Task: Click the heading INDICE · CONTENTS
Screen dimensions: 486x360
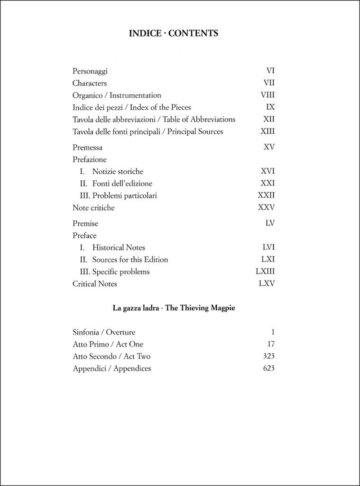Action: [x=174, y=33]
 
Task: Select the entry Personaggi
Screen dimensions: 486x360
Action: [x=90, y=71]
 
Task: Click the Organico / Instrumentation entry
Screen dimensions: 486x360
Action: [x=117, y=95]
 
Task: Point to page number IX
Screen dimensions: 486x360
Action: [x=270, y=107]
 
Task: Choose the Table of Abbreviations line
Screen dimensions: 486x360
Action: [x=154, y=120]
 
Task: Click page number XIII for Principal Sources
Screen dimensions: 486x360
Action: [x=268, y=131]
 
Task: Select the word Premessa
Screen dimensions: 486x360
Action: [x=87, y=148]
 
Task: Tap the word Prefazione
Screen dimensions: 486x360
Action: [x=90, y=159]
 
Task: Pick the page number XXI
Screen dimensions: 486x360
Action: [x=268, y=183]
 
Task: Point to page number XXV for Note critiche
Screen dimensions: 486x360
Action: [x=266, y=207]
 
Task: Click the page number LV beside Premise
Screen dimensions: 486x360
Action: [x=270, y=223]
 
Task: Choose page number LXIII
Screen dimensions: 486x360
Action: [x=265, y=271]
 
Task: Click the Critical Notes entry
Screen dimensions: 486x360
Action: [x=95, y=284]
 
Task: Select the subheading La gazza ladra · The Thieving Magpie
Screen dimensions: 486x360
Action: [x=174, y=308]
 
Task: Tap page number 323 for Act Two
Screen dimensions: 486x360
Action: [x=268, y=356]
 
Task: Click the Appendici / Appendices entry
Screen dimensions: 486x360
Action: [x=112, y=368]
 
